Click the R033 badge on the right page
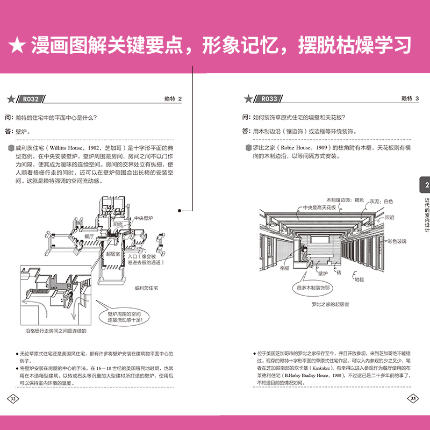(x=269, y=98)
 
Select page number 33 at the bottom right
(x=413, y=398)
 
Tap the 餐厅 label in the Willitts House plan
(x=90, y=236)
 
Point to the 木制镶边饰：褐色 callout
(x=342, y=199)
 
